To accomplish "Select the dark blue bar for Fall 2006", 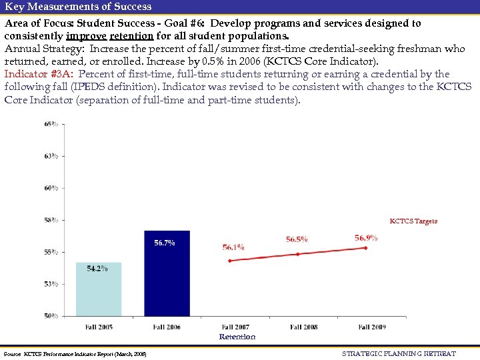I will pos(167,273).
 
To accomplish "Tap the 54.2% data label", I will pos(97,268).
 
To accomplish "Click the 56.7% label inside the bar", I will pos(165,243).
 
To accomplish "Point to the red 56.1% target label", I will pos(233,247).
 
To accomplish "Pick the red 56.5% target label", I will pos(297,239).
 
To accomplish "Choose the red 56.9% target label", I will pos(366,237).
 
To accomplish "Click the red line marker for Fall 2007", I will pos(229,261).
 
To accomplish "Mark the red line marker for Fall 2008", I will pos(298,254).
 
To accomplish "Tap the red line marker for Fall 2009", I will pos(365,248).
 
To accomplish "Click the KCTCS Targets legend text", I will pos(413,221).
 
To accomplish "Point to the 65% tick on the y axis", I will pos(51,124).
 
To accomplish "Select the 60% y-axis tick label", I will pos(51,188).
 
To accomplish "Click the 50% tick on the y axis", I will pos(51,315).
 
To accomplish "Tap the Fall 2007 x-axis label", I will pos(236,327).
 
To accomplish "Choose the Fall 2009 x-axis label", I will pos(371,327).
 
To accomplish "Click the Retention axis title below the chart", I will pos(237,337).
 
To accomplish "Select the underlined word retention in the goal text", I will pos(131,35).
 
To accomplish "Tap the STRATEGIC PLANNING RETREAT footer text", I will pos(399,353).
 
